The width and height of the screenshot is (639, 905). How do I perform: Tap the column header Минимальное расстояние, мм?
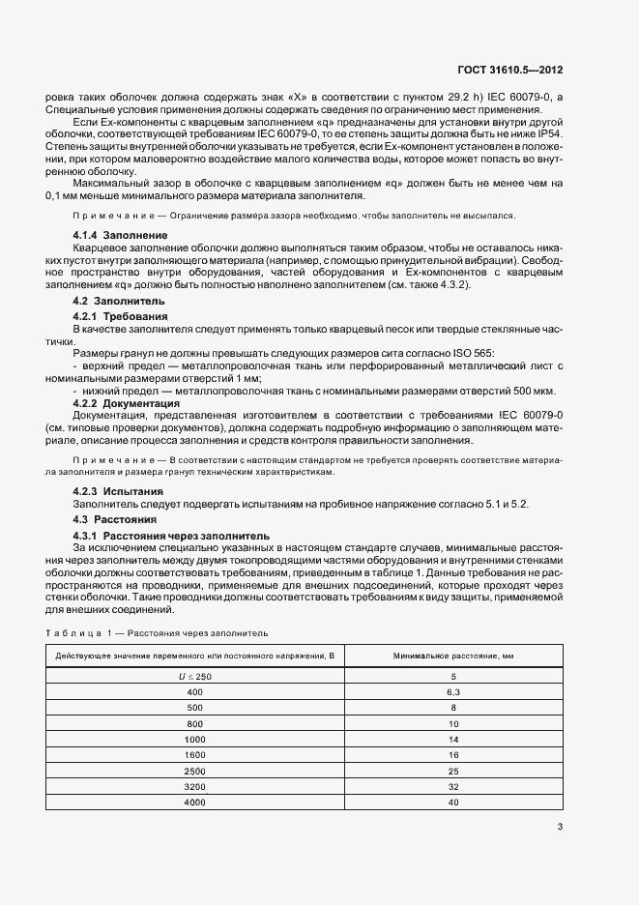tap(452, 657)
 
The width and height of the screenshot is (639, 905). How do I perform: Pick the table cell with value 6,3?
tap(452, 693)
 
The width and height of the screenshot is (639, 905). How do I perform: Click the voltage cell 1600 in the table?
tap(195, 753)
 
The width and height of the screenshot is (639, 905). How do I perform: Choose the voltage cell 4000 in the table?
tap(195, 802)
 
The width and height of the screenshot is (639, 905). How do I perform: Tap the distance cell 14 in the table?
tap(452, 738)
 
